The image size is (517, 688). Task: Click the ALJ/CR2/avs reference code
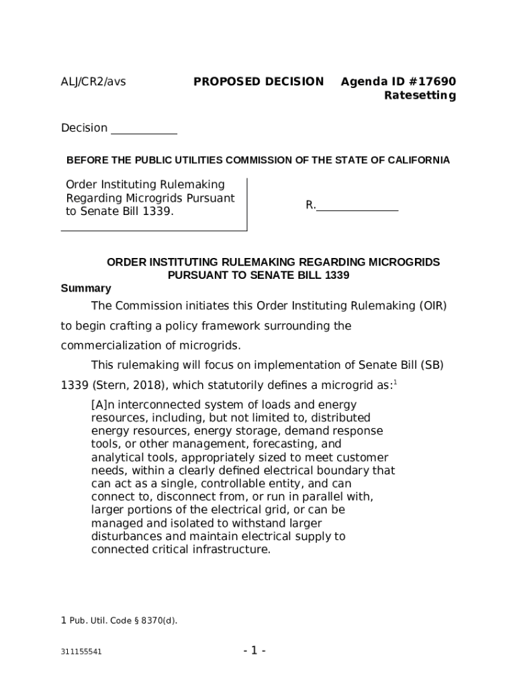pyautogui.click(x=93, y=82)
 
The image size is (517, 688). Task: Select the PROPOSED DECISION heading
pyautogui.click(x=258, y=82)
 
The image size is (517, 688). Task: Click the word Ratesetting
pyautogui.click(x=420, y=95)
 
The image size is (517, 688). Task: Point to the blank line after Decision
pyautogui.click(x=144, y=129)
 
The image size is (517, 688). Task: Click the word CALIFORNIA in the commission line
pyautogui.click(x=418, y=161)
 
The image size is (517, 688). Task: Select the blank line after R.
pyautogui.click(x=357, y=206)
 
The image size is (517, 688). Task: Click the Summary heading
pyautogui.click(x=86, y=288)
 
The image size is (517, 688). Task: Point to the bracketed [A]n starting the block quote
pyautogui.click(x=103, y=404)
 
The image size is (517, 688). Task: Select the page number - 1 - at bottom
pyautogui.click(x=254, y=650)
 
